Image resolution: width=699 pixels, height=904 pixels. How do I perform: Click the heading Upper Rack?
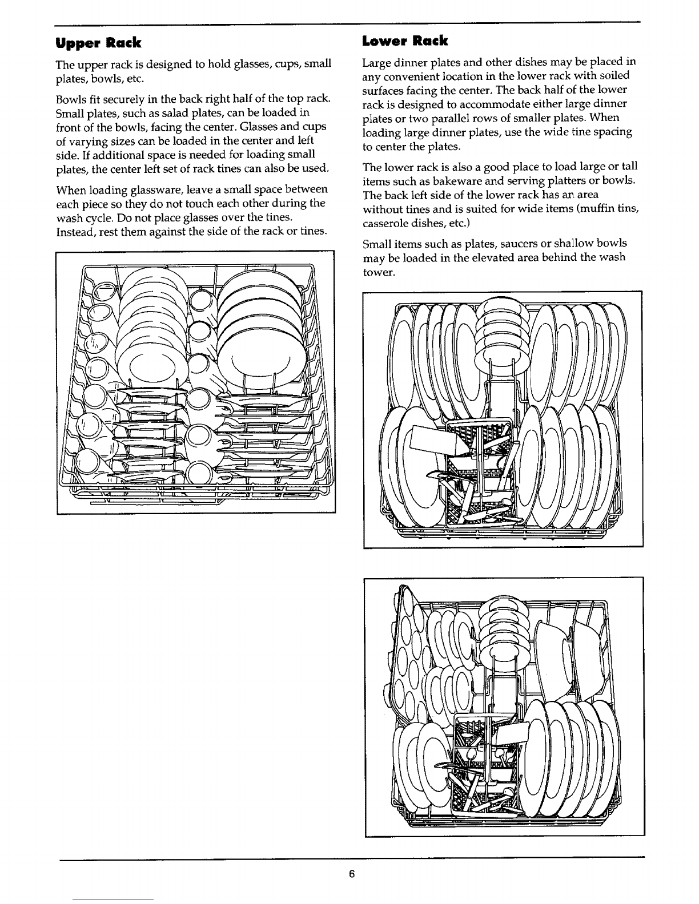98,43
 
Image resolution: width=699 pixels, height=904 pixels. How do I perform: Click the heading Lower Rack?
405,41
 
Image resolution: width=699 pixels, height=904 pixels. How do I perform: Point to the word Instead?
74,231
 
